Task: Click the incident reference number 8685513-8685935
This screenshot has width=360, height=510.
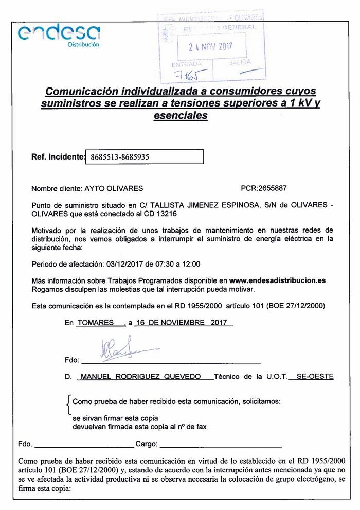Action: pos(119,157)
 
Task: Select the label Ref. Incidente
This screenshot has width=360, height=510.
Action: pos(57,156)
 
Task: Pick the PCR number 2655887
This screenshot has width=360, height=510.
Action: pos(269,189)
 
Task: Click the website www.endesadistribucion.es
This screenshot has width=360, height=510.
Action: pos(278,280)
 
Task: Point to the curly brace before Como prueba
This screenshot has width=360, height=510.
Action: pos(69,406)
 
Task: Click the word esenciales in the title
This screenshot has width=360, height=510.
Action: pos(180,116)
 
